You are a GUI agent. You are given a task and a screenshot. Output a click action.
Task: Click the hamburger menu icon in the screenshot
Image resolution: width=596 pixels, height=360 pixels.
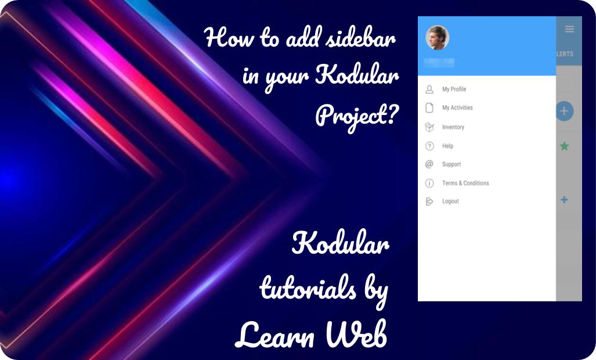click(569, 29)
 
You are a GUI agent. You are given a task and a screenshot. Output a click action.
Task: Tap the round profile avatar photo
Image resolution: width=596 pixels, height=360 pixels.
click(437, 38)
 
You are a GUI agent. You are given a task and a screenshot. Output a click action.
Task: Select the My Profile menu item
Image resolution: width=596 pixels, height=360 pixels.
click(454, 89)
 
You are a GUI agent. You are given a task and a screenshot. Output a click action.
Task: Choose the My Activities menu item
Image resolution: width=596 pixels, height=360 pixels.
click(457, 108)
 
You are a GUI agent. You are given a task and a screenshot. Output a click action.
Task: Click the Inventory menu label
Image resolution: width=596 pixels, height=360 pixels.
click(453, 127)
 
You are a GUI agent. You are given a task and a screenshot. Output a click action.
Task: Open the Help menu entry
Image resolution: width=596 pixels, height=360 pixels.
click(447, 146)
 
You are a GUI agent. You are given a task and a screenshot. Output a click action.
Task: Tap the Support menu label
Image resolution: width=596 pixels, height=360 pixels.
click(451, 164)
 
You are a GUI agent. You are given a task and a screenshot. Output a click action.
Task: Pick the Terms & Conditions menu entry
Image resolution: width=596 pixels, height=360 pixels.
click(465, 183)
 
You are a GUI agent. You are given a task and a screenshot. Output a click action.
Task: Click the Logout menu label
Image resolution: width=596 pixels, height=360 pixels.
click(450, 201)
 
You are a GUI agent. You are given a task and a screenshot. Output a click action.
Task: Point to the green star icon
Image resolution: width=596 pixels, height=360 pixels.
click(564, 146)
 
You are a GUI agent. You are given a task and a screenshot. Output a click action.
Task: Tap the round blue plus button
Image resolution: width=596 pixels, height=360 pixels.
click(564, 111)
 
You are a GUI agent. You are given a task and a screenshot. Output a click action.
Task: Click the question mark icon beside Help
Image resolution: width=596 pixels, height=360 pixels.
click(429, 146)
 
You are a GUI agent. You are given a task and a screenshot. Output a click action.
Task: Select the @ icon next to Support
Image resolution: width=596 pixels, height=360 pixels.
click(429, 164)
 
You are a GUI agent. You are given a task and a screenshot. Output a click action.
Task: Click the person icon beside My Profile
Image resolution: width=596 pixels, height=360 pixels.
click(429, 89)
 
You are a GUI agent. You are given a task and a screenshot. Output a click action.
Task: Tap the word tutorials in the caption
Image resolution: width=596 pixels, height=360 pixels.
click(308, 287)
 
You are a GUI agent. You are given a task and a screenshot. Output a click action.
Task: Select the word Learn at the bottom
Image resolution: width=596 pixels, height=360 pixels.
click(276, 334)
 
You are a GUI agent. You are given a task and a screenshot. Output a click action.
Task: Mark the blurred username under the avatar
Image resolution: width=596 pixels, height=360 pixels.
click(439, 62)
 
